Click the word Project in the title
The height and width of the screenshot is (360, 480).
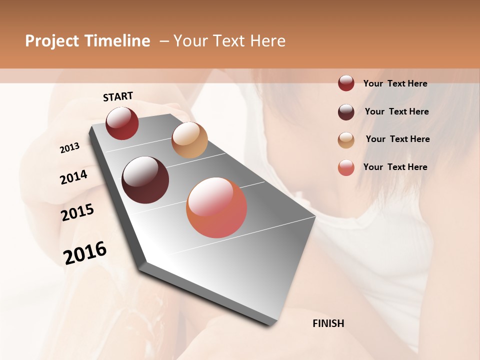(x=52, y=41)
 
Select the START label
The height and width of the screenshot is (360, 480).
(x=118, y=96)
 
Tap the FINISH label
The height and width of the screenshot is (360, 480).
(x=328, y=323)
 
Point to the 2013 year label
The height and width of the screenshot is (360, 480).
(x=69, y=147)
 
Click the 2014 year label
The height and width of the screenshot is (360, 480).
(x=73, y=177)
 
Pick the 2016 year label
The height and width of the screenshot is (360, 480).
(x=85, y=252)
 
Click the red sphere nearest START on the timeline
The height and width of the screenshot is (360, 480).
(x=122, y=123)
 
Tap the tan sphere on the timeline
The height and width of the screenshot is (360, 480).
(x=189, y=140)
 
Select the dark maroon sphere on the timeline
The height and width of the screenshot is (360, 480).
(x=145, y=180)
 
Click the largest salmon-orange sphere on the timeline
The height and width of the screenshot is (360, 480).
(x=216, y=207)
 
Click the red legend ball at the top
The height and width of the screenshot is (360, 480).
(x=346, y=83)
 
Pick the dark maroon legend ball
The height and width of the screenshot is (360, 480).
(x=346, y=112)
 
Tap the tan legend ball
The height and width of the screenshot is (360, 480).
(x=346, y=140)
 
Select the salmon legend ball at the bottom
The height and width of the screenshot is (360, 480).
(x=346, y=167)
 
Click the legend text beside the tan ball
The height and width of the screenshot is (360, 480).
(x=397, y=139)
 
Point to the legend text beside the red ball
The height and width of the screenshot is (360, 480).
(x=395, y=83)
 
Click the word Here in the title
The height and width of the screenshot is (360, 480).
(x=267, y=41)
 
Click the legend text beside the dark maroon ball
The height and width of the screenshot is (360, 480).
(x=396, y=111)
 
